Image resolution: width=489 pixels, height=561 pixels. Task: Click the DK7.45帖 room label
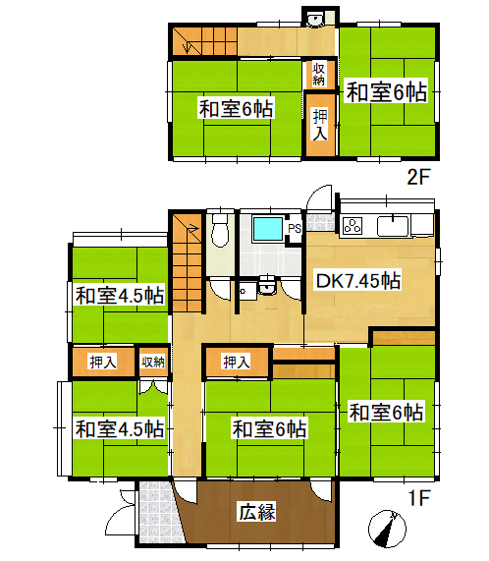click(358, 281)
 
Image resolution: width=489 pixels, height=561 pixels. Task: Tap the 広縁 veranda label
click(257, 512)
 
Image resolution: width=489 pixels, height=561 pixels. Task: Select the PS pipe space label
click(295, 229)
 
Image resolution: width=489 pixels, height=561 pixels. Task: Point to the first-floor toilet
click(220, 231)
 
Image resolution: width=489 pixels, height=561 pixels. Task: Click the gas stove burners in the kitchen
click(353, 226)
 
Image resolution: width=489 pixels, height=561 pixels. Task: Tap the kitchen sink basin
click(393, 226)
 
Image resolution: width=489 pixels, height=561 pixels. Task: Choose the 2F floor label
click(418, 177)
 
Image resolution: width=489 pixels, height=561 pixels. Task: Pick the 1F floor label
click(418, 497)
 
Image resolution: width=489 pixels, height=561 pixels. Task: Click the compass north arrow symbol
click(387, 529)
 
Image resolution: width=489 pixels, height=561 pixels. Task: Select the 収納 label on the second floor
click(318, 74)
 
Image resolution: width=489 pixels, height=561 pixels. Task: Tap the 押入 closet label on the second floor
click(320, 125)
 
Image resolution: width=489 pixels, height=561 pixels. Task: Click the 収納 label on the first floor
click(152, 363)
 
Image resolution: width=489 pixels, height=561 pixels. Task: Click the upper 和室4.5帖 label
click(120, 297)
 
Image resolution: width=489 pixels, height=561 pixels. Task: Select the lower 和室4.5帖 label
click(120, 429)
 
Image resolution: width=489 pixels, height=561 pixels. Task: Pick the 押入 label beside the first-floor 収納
click(103, 363)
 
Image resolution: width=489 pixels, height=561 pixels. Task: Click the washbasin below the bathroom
click(267, 286)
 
